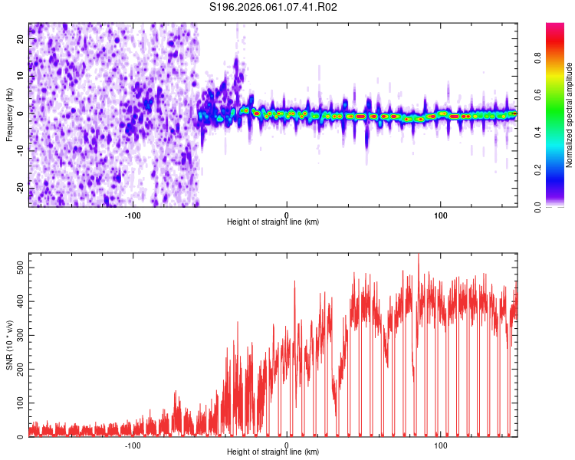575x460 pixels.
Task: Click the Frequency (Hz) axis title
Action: click(x=9, y=115)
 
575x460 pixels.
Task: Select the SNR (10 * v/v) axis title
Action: click(x=9, y=344)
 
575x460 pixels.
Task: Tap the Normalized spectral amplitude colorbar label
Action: click(x=570, y=115)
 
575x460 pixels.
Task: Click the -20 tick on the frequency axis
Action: click(x=20, y=188)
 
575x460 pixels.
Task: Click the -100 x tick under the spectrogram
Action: click(x=133, y=214)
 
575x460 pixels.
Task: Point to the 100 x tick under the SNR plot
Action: click(x=441, y=445)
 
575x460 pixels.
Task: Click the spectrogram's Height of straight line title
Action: click(x=273, y=222)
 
